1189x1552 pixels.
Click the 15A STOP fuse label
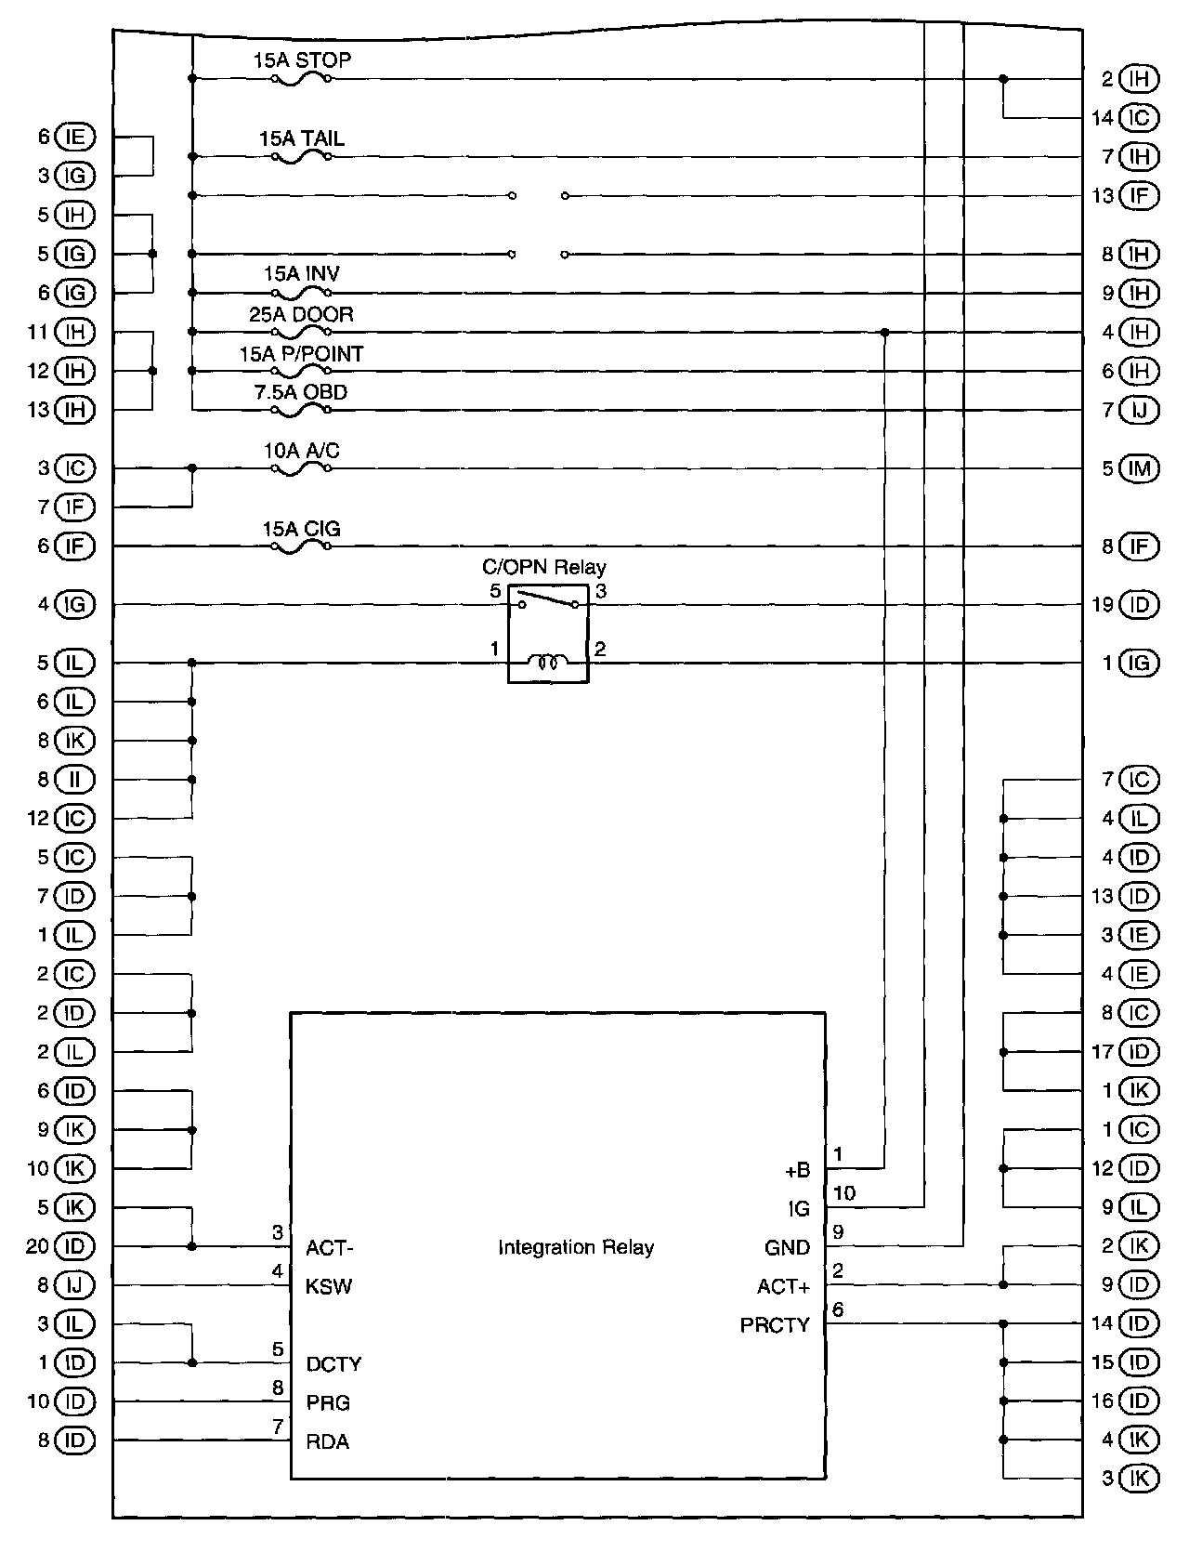[x=302, y=61]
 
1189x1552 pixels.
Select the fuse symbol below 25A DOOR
[x=301, y=332]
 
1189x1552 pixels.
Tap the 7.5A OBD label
[x=301, y=393]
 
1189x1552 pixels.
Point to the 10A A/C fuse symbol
[x=301, y=469]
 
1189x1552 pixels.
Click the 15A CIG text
[x=301, y=530]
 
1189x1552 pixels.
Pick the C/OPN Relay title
[x=543, y=568]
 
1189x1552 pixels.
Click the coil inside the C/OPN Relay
[x=548, y=663]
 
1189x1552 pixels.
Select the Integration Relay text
[x=575, y=1247]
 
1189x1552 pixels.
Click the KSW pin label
[x=329, y=1287]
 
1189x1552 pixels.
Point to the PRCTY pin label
[x=775, y=1325]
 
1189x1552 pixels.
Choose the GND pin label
[x=787, y=1248]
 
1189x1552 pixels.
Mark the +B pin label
[x=797, y=1171]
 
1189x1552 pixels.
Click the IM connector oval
[x=1139, y=469]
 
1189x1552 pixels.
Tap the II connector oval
[x=75, y=780]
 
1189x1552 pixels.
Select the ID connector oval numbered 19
[x=1139, y=605]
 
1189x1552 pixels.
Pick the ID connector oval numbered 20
[x=75, y=1246]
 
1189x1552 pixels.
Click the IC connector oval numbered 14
[x=1139, y=118]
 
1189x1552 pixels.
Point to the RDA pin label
[x=327, y=1442]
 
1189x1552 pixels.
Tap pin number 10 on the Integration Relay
[x=844, y=1193]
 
